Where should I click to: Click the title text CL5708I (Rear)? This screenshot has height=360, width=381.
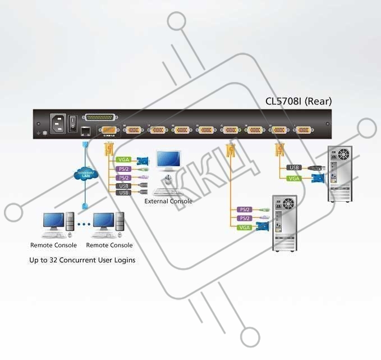tap(299, 102)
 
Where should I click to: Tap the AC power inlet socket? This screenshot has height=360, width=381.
tap(58, 123)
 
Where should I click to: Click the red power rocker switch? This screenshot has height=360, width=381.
tap(73, 123)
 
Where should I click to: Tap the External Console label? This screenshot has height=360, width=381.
tap(168, 201)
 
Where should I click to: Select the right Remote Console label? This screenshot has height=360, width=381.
tap(109, 245)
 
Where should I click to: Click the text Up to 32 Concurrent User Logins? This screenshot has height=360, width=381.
tap(82, 260)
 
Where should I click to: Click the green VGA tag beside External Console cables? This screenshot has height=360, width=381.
tap(123, 160)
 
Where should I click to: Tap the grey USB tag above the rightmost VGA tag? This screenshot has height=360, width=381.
tap(293, 167)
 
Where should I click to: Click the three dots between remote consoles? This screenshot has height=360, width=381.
tap(83, 224)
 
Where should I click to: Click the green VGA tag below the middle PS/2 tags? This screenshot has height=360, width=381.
tap(245, 227)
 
